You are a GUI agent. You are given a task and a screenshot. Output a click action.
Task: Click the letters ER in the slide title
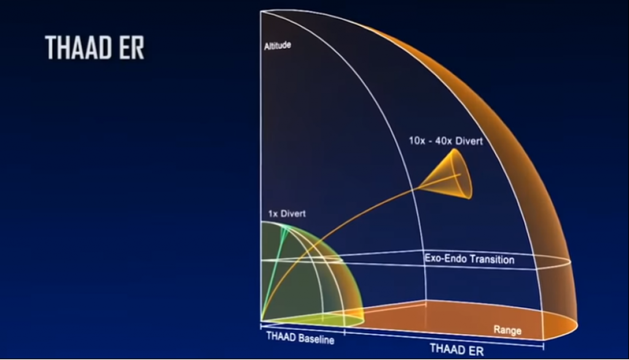tap(132, 48)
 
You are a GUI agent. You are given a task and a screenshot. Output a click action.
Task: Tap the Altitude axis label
tap(277, 46)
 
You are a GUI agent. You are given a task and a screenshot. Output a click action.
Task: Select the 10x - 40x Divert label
tap(445, 141)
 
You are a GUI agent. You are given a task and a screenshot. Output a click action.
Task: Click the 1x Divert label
tap(287, 214)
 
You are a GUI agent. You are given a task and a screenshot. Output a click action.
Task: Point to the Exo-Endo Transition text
tap(469, 259)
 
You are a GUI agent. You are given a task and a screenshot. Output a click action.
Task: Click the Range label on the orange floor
tap(507, 331)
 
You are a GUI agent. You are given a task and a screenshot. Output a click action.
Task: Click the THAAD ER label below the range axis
tap(456, 350)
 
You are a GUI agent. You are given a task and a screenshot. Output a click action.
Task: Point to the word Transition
tap(492, 259)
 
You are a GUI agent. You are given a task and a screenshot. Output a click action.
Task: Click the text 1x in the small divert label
tap(273, 214)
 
